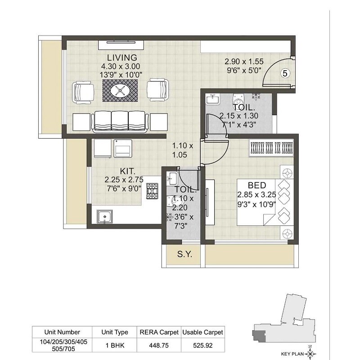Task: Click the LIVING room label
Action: click(x=121, y=57)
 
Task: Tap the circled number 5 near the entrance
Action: click(x=284, y=73)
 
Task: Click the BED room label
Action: click(x=257, y=185)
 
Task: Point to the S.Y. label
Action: click(x=184, y=255)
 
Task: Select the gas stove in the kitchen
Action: click(x=152, y=191)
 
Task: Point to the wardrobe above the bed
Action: click(x=271, y=148)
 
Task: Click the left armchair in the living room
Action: click(x=84, y=92)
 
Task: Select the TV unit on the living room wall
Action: click(x=121, y=45)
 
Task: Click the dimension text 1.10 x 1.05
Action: click(x=182, y=150)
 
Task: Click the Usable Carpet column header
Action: click(x=202, y=332)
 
